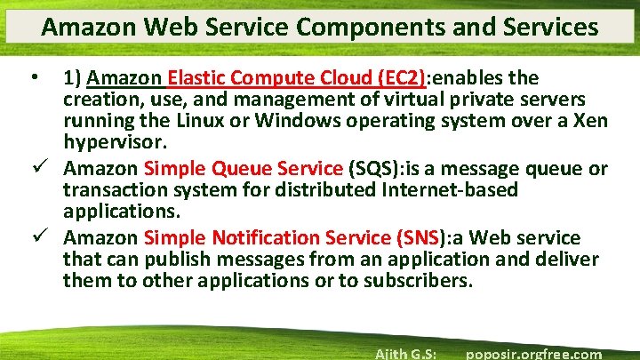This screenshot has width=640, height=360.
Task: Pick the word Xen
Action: coord(588,121)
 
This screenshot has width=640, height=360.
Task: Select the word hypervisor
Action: coord(114,143)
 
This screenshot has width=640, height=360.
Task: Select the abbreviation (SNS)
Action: coord(418,237)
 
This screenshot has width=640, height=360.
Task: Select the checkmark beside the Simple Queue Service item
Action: coord(36,168)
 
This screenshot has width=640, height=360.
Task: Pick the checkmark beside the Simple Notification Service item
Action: coord(36,237)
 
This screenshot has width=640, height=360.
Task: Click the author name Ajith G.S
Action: coord(404,354)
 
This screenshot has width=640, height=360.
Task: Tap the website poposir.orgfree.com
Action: coord(533,354)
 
